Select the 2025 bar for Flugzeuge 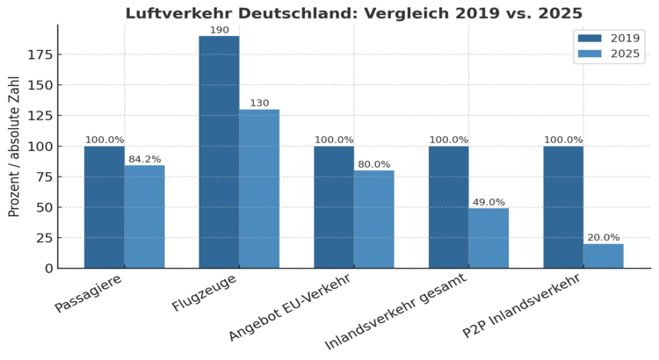pos(259,189)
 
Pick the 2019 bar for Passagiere pos(104,206)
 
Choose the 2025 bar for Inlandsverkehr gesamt pos(489,238)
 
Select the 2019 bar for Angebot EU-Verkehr pos(334,206)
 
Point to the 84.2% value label pos(144,159)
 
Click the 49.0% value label pos(489,202)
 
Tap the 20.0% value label pos(603,237)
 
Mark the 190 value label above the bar pos(219,30)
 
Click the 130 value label pos(259,103)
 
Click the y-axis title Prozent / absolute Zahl pos(14,146)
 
